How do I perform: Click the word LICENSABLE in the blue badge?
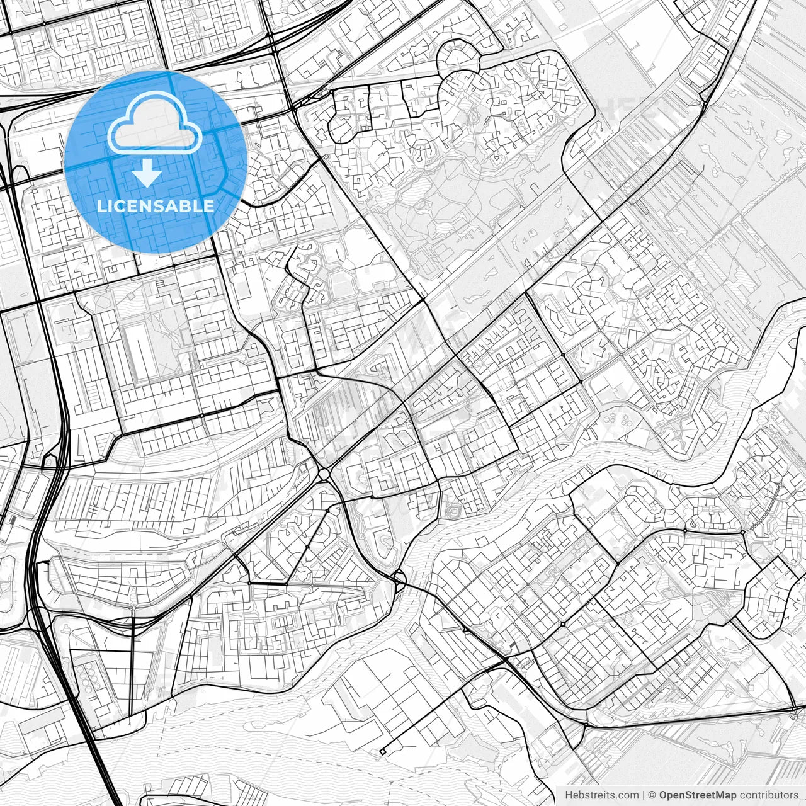[155, 206]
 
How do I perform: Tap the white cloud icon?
[155, 123]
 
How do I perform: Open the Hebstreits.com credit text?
[601, 795]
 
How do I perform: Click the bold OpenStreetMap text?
[698, 795]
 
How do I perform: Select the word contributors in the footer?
[768, 795]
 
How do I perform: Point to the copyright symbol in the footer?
[652, 795]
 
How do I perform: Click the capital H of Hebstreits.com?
[569, 795]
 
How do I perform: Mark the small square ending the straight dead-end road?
[382, 751]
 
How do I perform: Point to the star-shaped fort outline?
[452, 511]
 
